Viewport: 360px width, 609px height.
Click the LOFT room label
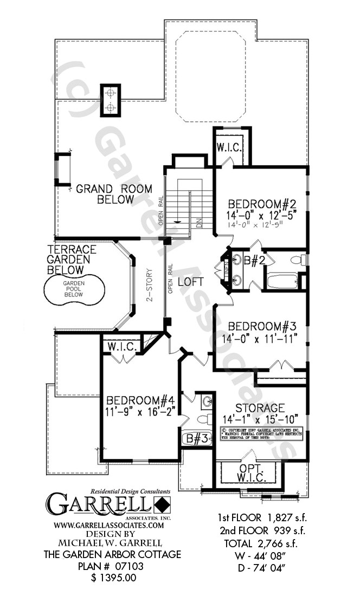[191, 282]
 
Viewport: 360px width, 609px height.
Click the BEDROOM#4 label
[140, 400]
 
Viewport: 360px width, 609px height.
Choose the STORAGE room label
[260, 407]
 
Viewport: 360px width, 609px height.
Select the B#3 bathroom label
[196, 438]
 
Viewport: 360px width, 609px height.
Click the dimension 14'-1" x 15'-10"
[260, 418]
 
